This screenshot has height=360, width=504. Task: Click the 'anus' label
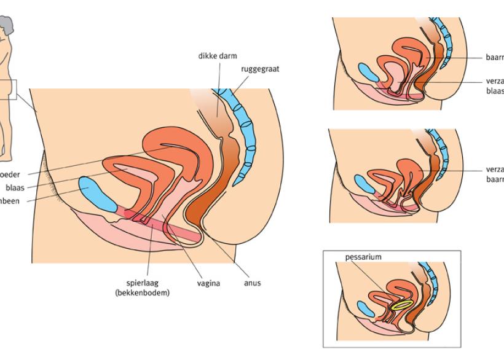point(252,284)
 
